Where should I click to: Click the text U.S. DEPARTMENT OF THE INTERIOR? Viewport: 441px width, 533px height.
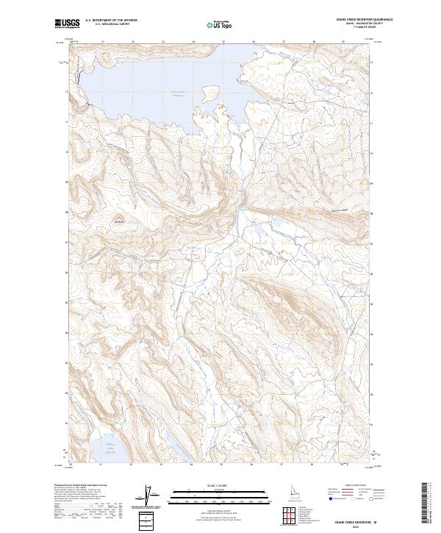tap(112, 20)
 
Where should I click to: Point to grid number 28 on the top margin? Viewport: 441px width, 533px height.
tap(314, 42)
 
